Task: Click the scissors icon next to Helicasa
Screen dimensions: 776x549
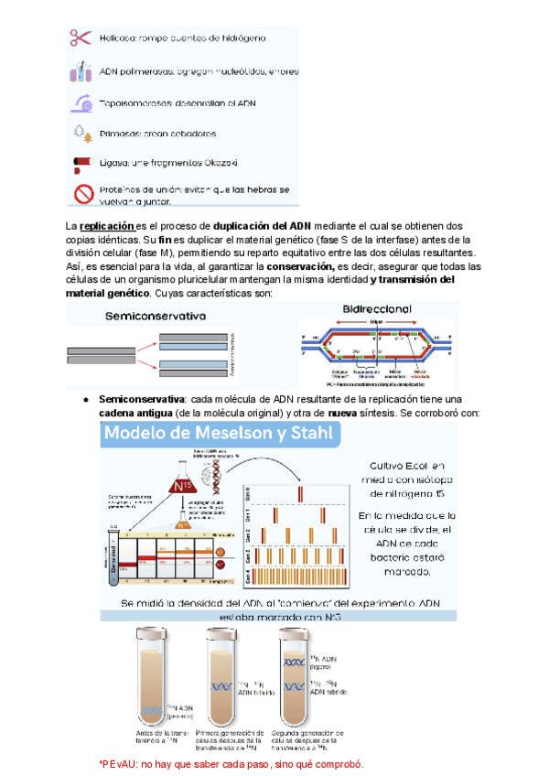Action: (80, 38)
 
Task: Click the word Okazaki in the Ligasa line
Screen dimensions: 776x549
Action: (214, 162)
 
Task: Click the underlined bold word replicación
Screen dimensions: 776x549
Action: (107, 226)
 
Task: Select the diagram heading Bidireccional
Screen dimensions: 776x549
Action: (377, 309)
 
